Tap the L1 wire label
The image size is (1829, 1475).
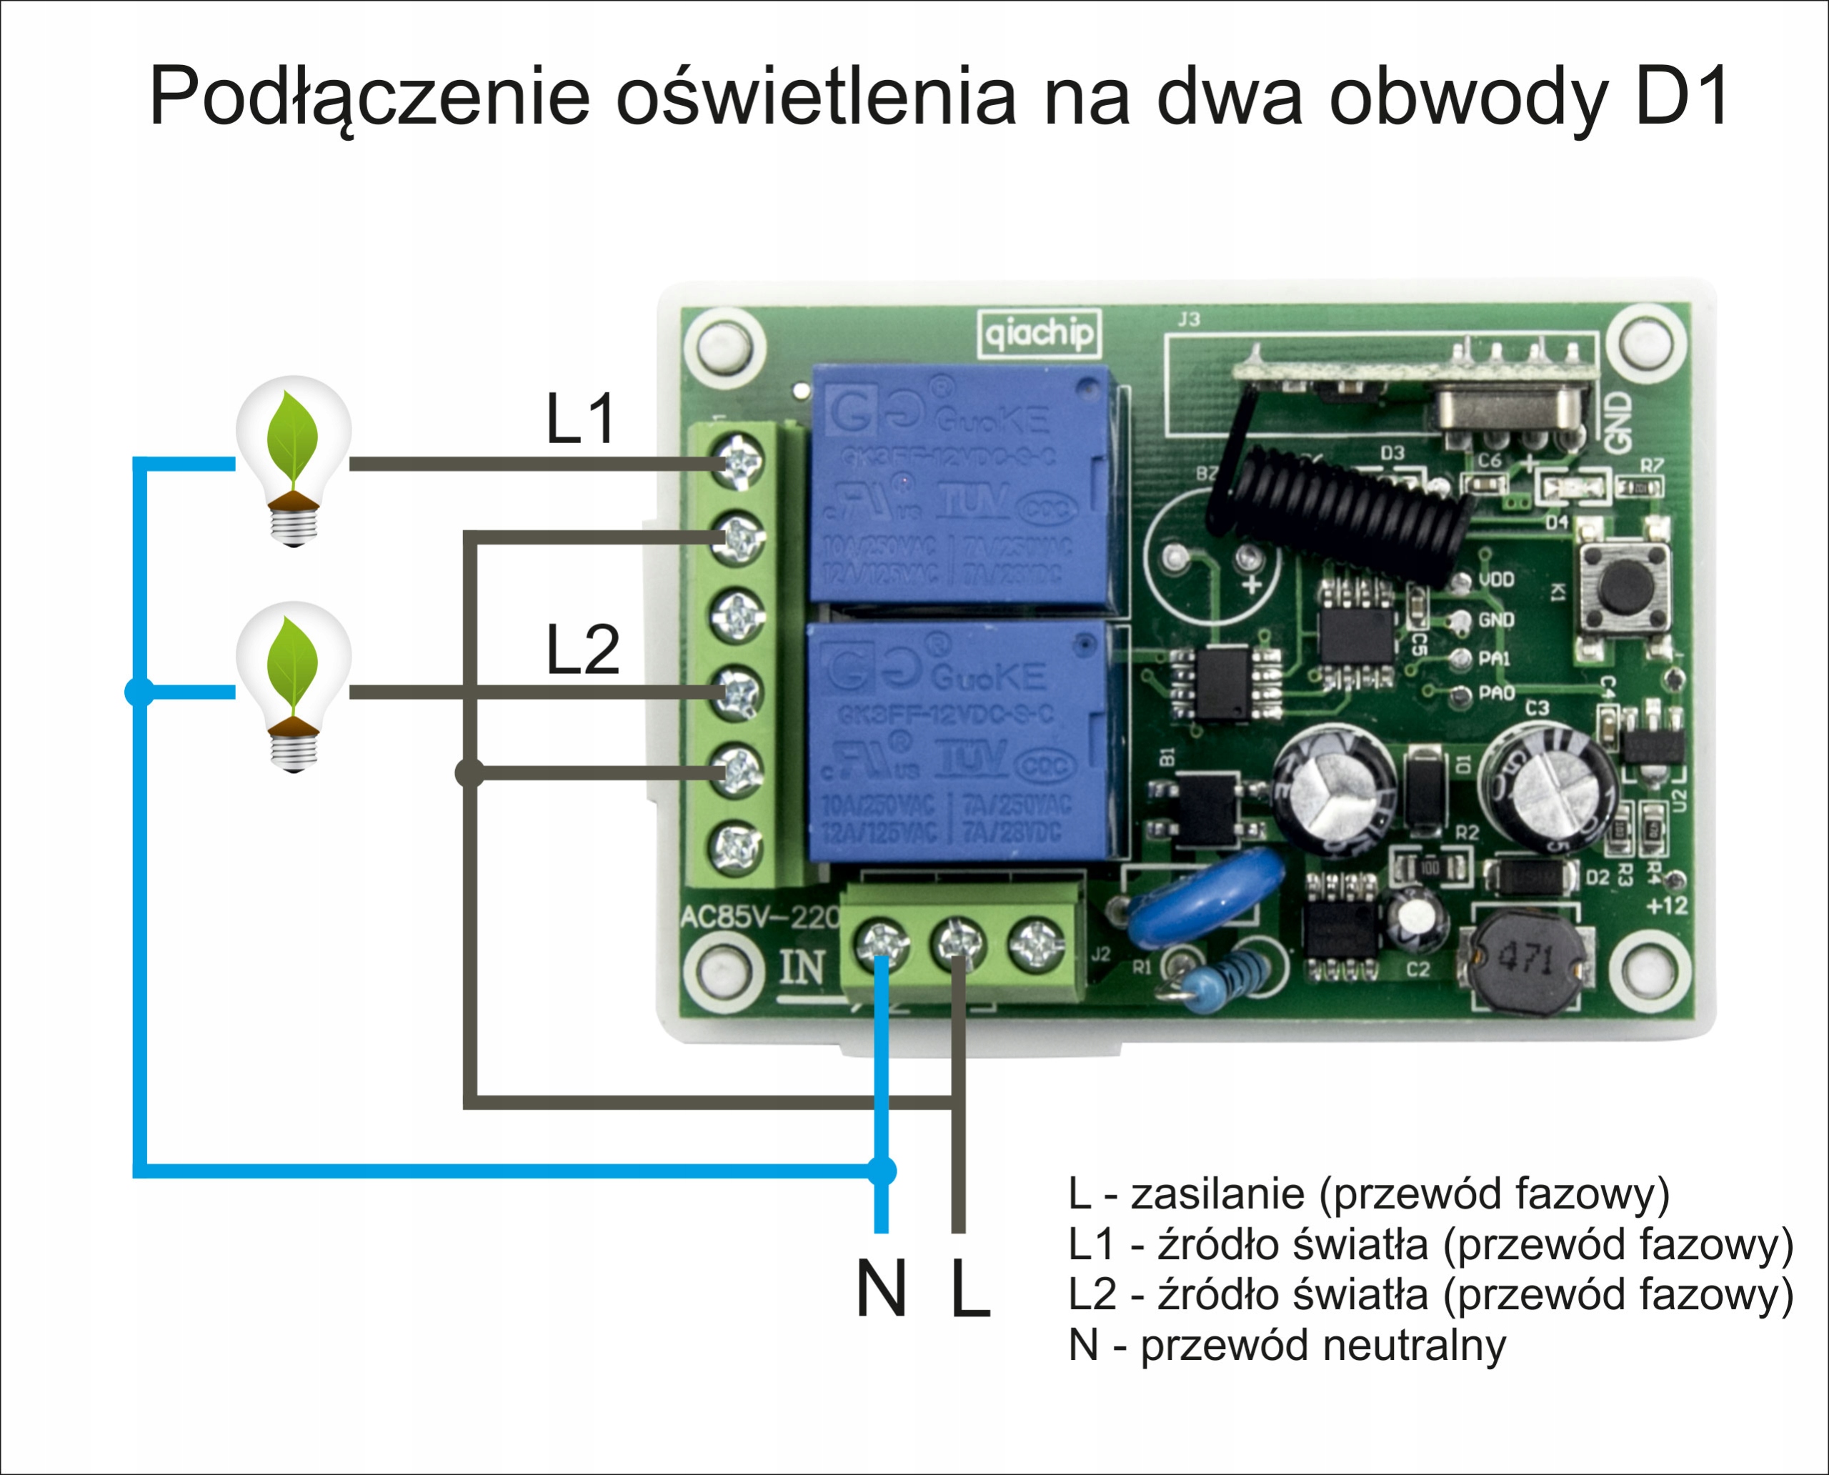point(580,419)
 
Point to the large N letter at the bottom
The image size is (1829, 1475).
point(881,1289)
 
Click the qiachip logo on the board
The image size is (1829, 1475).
point(1039,332)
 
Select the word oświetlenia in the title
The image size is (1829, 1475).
point(815,95)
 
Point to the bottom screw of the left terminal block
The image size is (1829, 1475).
point(737,847)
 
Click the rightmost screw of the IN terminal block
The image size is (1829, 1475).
point(1035,944)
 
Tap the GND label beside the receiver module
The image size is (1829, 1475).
point(1619,422)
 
